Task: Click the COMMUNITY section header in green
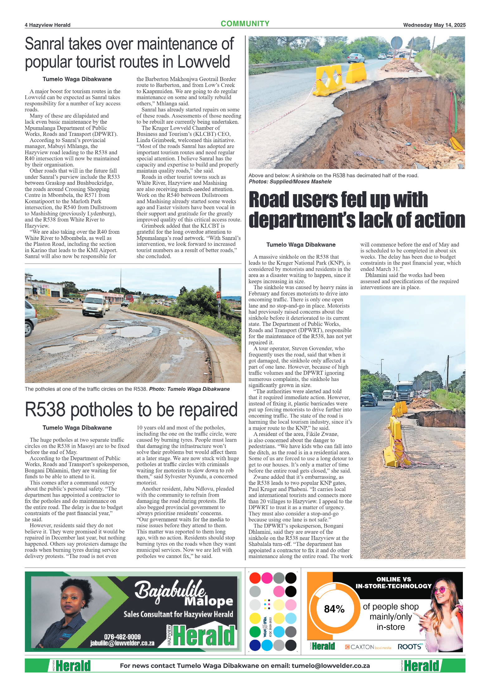coord(245,24)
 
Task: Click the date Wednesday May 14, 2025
coord(434,25)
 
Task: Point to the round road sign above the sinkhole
coord(396,42)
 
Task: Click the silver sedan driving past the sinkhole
coord(356,58)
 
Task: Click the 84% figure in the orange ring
coord(334,609)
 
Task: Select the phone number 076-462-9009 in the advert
coord(122,637)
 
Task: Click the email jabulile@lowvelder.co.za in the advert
coord(122,643)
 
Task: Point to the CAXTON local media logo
coord(368,647)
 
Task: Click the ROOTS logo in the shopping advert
coord(410,647)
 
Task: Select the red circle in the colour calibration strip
coord(255,578)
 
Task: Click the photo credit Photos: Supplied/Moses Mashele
coord(290,182)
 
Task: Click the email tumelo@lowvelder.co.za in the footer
coord(330,666)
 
